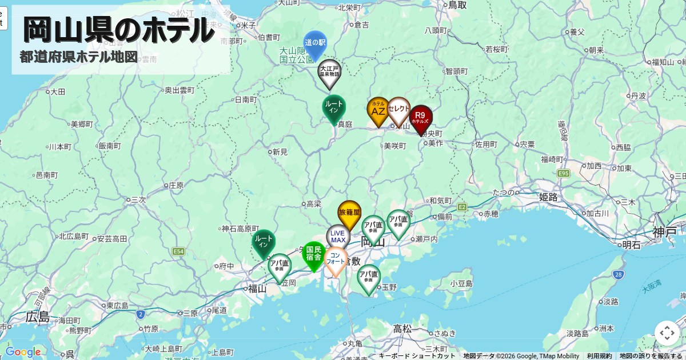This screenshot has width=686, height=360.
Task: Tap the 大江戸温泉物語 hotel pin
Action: [329, 73]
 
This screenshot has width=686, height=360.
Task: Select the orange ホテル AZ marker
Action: [378, 110]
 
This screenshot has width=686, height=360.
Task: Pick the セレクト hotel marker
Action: [398, 110]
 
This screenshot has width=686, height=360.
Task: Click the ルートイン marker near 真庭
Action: [334, 107]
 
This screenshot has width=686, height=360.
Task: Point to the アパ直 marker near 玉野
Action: [369, 278]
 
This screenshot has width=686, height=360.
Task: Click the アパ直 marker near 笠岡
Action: [280, 266]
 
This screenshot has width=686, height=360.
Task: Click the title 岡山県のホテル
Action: [119, 30]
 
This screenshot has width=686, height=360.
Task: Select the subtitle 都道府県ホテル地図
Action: [79, 57]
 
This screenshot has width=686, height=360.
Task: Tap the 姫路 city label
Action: [548, 197]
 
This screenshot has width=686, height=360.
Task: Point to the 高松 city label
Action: [402, 329]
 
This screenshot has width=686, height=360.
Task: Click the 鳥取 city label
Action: [457, 5]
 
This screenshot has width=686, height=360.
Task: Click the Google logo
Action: [23, 352]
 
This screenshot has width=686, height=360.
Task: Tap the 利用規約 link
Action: [599, 356]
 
